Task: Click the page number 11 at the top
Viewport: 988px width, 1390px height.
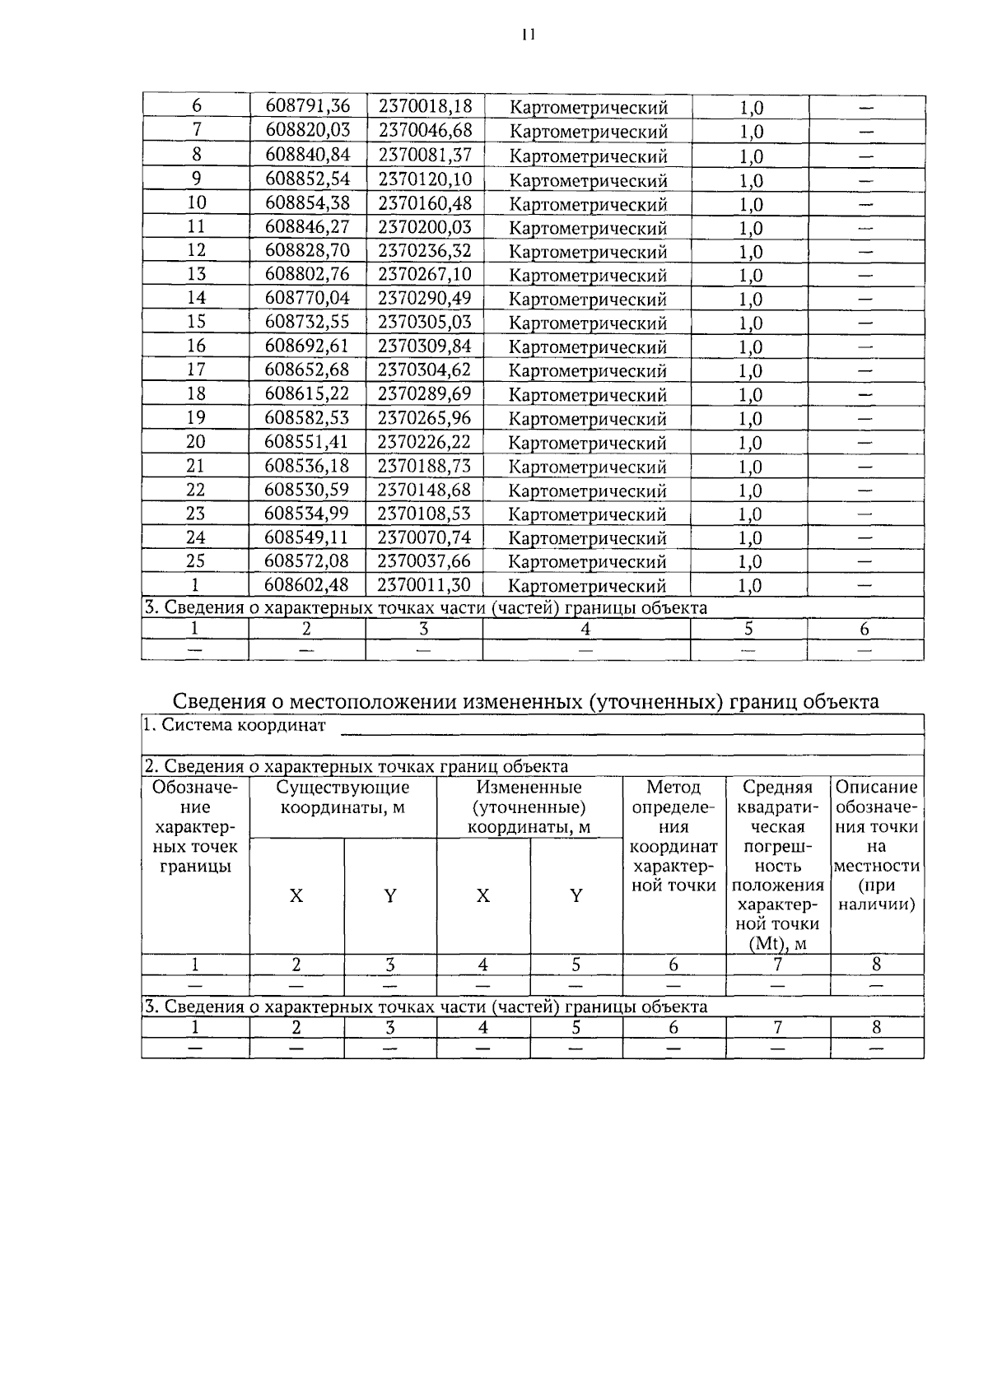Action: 528,34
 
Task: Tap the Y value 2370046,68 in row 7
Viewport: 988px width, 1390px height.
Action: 425,130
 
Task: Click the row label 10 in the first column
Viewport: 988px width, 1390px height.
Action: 196,202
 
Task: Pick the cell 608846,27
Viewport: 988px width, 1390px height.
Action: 307,226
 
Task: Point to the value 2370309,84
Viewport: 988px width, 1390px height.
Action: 425,346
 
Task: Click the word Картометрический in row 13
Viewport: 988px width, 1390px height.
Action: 588,276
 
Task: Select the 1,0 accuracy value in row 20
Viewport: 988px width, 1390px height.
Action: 750,443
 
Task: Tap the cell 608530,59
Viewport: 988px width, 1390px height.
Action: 307,490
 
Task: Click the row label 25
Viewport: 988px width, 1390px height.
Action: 196,561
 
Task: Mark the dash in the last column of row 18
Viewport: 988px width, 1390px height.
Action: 865,395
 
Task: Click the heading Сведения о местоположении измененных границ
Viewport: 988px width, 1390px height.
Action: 525,701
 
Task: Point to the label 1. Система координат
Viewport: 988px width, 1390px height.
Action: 235,726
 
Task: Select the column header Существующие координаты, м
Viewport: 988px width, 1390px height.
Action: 343,797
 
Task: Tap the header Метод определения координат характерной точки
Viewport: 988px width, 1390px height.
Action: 673,836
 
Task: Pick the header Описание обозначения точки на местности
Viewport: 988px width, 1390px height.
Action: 876,846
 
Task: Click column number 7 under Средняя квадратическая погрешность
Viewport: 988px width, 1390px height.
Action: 777,965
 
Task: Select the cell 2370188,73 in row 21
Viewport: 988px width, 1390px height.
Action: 425,466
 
